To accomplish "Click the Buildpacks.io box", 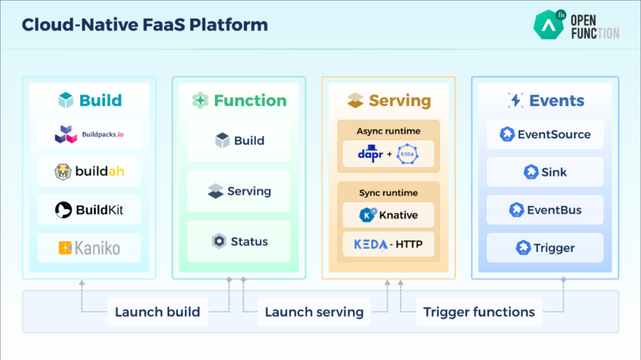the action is point(89,134).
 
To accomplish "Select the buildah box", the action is point(89,171).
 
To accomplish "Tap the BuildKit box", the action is point(89,209).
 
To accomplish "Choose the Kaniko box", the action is point(89,248).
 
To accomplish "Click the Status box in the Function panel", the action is point(239,241).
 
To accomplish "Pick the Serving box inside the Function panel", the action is point(239,191).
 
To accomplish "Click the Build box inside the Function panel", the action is point(239,141).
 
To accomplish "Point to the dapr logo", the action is point(370,154).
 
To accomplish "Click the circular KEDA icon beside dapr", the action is point(407,154).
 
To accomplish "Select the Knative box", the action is point(388,215).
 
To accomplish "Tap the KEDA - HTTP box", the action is point(388,244).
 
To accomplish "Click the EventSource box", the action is point(545,134).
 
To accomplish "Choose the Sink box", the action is point(545,171).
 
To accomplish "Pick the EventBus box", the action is point(545,209).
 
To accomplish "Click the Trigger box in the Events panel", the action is point(545,248).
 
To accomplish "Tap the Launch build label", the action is point(157,312).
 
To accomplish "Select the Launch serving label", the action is point(314,312).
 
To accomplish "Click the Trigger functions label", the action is point(479,312).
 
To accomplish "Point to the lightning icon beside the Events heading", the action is point(515,100).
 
